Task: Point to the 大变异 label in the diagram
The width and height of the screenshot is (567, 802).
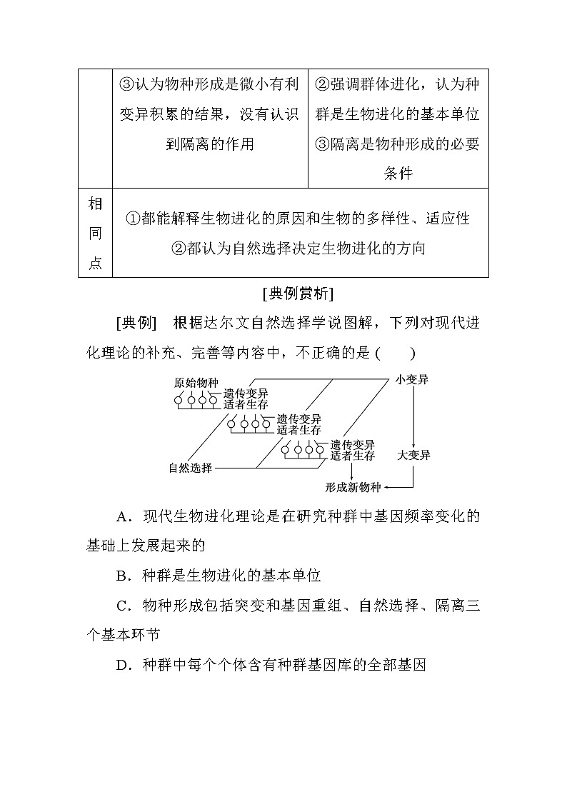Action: pyautogui.click(x=413, y=455)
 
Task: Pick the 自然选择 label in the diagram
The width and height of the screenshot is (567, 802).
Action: pyautogui.click(x=191, y=468)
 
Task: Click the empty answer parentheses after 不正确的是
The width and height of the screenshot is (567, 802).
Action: pyautogui.click(x=394, y=352)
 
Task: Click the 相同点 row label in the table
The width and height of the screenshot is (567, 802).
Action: pyautogui.click(x=95, y=234)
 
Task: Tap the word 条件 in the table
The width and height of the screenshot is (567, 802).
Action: pyautogui.click(x=398, y=174)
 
